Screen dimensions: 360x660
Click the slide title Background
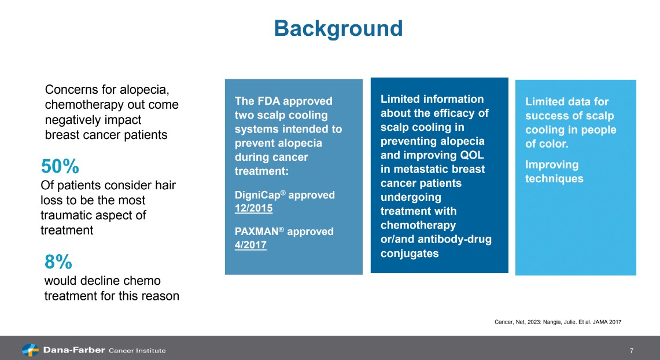coord(338,28)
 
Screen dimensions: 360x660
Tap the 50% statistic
coord(60,167)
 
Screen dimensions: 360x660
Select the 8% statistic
coord(58,262)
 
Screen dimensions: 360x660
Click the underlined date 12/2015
coord(253,208)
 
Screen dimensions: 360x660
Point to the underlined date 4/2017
coord(250,245)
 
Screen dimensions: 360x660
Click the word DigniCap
coord(257,195)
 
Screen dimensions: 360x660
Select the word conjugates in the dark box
coord(410,254)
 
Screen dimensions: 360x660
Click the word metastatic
coord(422,169)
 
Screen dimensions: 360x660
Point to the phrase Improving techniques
coord(554,172)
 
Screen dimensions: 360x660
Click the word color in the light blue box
coord(552,144)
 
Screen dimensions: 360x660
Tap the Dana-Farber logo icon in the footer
coord(30,350)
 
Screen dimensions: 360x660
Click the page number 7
coord(632,351)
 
